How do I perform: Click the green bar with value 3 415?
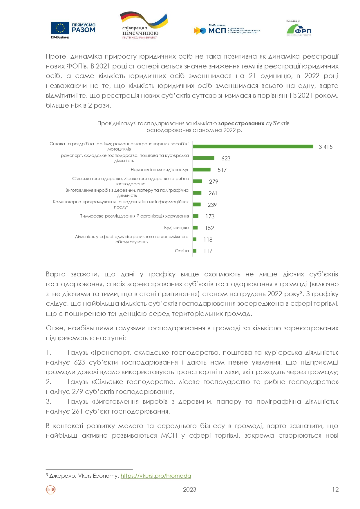point(253,146)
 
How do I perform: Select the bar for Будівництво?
point(196,228)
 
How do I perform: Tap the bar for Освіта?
point(195,251)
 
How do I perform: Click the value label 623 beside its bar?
point(226,158)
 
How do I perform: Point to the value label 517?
point(222,170)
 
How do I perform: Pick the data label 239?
point(212,205)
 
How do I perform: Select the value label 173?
point(210,216)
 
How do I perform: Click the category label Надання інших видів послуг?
point(160,170)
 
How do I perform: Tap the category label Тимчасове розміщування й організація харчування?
point(135,216)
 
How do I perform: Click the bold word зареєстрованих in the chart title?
point(241,124)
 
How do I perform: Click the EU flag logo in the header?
point(60,28)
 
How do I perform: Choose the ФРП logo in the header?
point(299,29)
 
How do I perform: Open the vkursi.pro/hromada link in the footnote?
point(156,476)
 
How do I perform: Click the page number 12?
point(335,490)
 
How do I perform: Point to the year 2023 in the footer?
point(189,490)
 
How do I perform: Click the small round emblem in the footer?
point(51,490)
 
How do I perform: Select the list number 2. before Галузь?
point(48,382)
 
